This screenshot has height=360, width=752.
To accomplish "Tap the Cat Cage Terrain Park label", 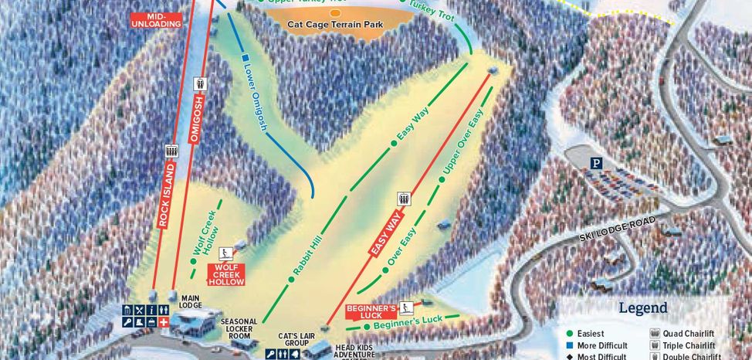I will click(x=336, y=25).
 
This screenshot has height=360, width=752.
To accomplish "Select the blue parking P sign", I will click(x=595, y=163).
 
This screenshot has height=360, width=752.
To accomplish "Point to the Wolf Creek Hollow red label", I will click(x=226, y=274).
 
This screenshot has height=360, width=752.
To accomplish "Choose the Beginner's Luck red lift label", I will click(x=371, y=311).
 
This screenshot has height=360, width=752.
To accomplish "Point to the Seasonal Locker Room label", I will click(x=239, y=328).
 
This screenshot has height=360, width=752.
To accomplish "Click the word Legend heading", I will click(x=643, y=308).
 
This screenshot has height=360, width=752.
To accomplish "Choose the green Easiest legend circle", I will click(x=570, y=334).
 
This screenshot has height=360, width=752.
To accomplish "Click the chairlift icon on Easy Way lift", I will click(x=403, y=199).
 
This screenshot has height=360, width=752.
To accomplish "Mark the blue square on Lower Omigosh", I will click(x=244, y=57).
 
